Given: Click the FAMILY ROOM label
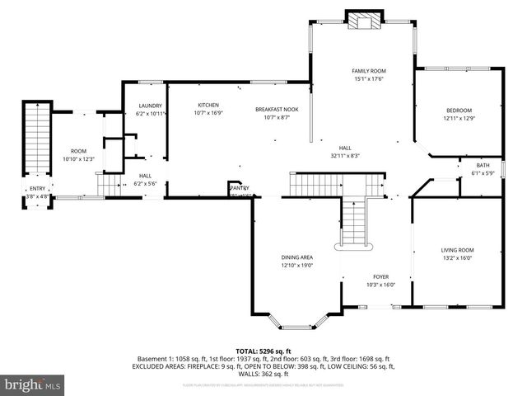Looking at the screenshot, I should pos(369,71).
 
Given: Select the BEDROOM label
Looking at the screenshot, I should pos(459,111).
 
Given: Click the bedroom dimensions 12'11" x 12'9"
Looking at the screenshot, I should pos(459,119).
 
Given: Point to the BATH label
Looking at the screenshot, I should pos(482,165).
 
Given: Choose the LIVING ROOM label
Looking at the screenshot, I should pos(458,250).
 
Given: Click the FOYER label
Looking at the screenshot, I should pos(380,277).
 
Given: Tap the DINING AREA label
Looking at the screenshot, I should pos(296,257).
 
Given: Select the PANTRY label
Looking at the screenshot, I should pos(238,188).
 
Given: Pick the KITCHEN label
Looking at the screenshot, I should pos(208,105).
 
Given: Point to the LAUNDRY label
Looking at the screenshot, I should pos(150,106).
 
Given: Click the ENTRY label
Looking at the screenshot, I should pos(38,189).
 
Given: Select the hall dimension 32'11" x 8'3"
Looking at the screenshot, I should pos(345,155).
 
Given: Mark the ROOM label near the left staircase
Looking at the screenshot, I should pos(78,151).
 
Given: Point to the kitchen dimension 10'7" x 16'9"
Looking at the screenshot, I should pos(208,113).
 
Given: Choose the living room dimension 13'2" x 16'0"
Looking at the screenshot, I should pos(458,257).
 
